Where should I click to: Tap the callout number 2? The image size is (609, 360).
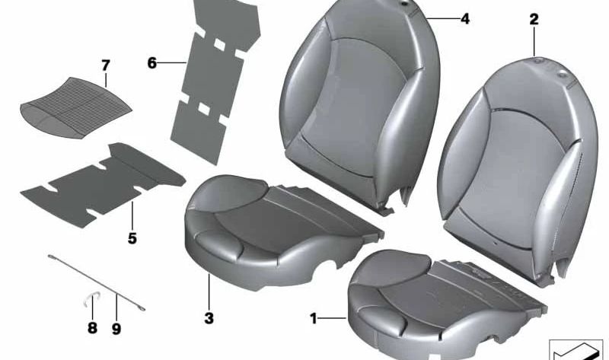tap(534, 19)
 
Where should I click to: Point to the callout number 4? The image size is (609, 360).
tap(465, 19)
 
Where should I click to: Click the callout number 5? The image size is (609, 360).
tap(132, 238)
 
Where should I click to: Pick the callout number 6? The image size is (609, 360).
tap(151, 62)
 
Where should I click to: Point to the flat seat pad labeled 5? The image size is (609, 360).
tap(107, 179)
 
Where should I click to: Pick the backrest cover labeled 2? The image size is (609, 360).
tap(518, 160)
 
